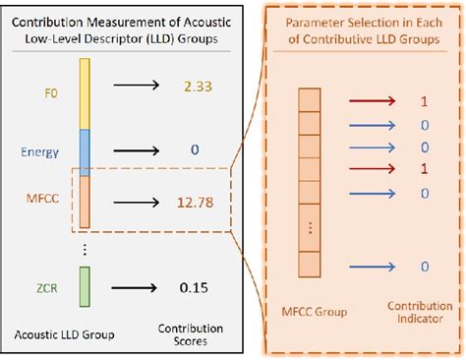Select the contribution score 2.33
[x=198, y=88]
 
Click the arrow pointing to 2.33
[x=137, y=88]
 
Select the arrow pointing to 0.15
[x=137, y=287]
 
